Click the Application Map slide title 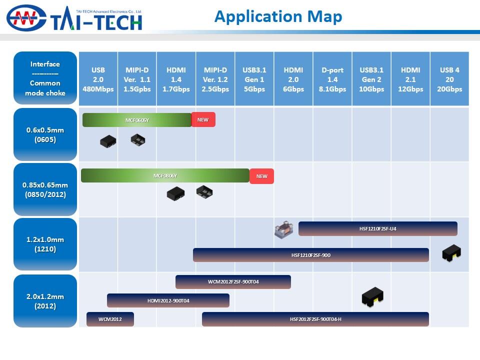278,16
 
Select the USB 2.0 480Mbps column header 98,79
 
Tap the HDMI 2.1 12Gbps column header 410,79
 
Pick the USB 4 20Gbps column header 449,79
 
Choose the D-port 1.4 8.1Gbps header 332,79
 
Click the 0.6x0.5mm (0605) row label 45,134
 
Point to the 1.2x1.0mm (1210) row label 45,244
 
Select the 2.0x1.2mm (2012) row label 45,301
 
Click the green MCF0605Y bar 137,120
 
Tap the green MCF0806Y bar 165,175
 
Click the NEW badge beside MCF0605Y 203,119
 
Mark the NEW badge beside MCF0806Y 261,176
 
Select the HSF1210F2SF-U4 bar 377,228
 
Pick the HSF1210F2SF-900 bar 310,255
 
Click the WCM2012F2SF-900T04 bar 233,282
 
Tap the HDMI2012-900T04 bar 168,300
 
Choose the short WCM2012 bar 110,319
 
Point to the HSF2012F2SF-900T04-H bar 315,319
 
